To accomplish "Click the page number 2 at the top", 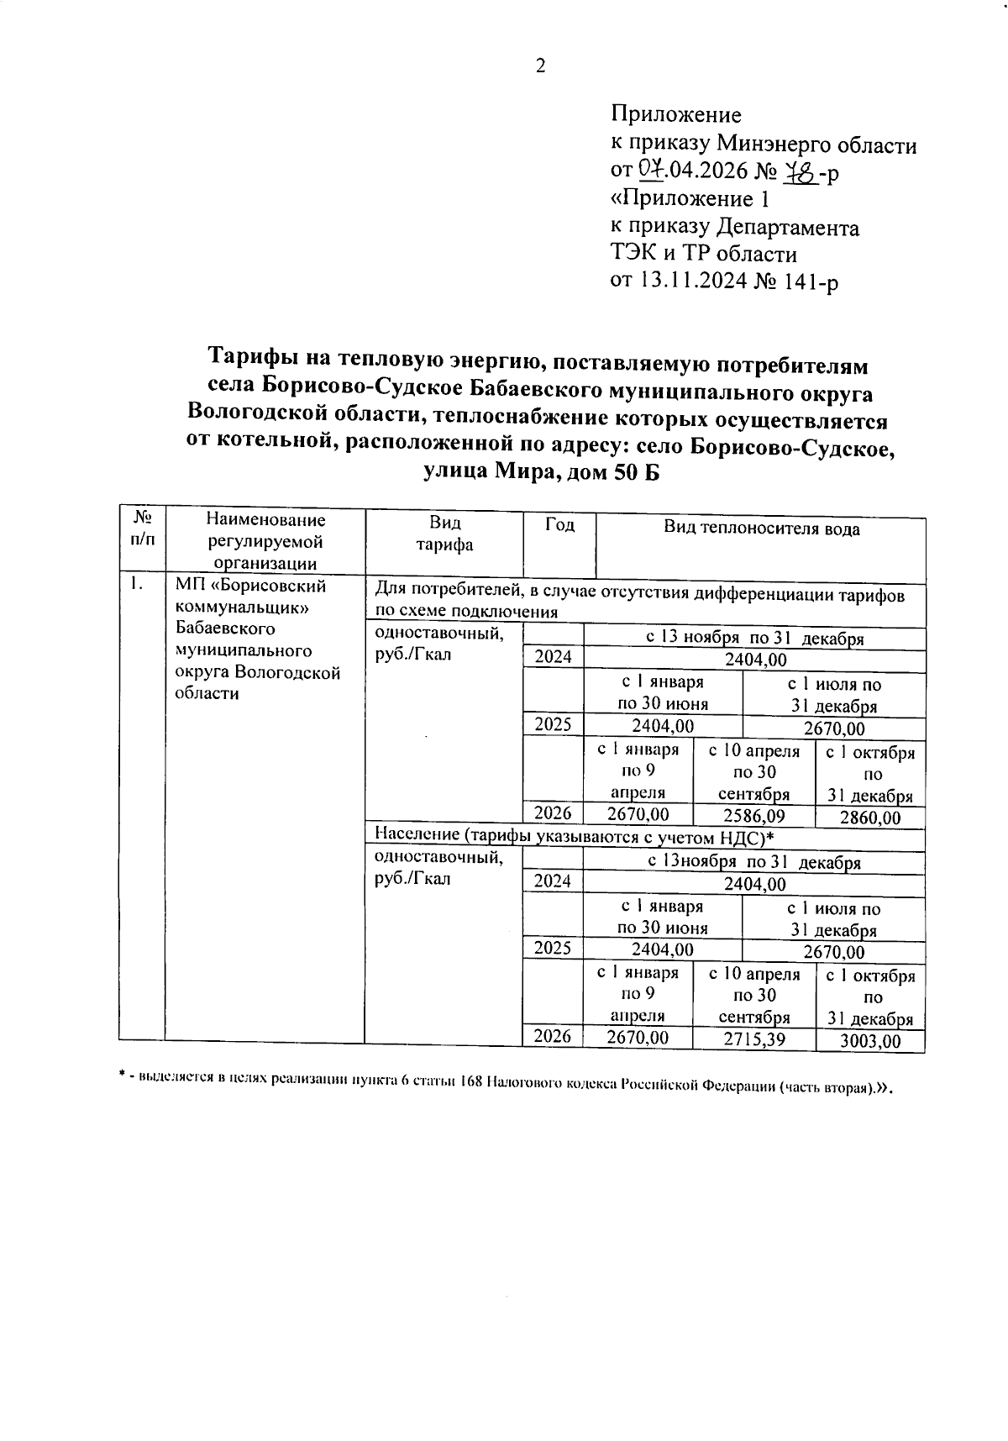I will [540, 66].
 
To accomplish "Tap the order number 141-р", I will [810, 281].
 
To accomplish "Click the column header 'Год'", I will [559, 526].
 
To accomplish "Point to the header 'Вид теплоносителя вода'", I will [761, 529].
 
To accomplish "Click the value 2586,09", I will [753, 815].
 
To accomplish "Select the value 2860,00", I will [869, 818].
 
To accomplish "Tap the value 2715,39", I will [753, 1039].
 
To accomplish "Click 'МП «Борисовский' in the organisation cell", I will [250, 586].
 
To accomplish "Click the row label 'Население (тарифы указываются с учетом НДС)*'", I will [573, 837].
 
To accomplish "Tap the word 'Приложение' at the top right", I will [675, 114].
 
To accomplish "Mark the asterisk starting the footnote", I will [123, 1075].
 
